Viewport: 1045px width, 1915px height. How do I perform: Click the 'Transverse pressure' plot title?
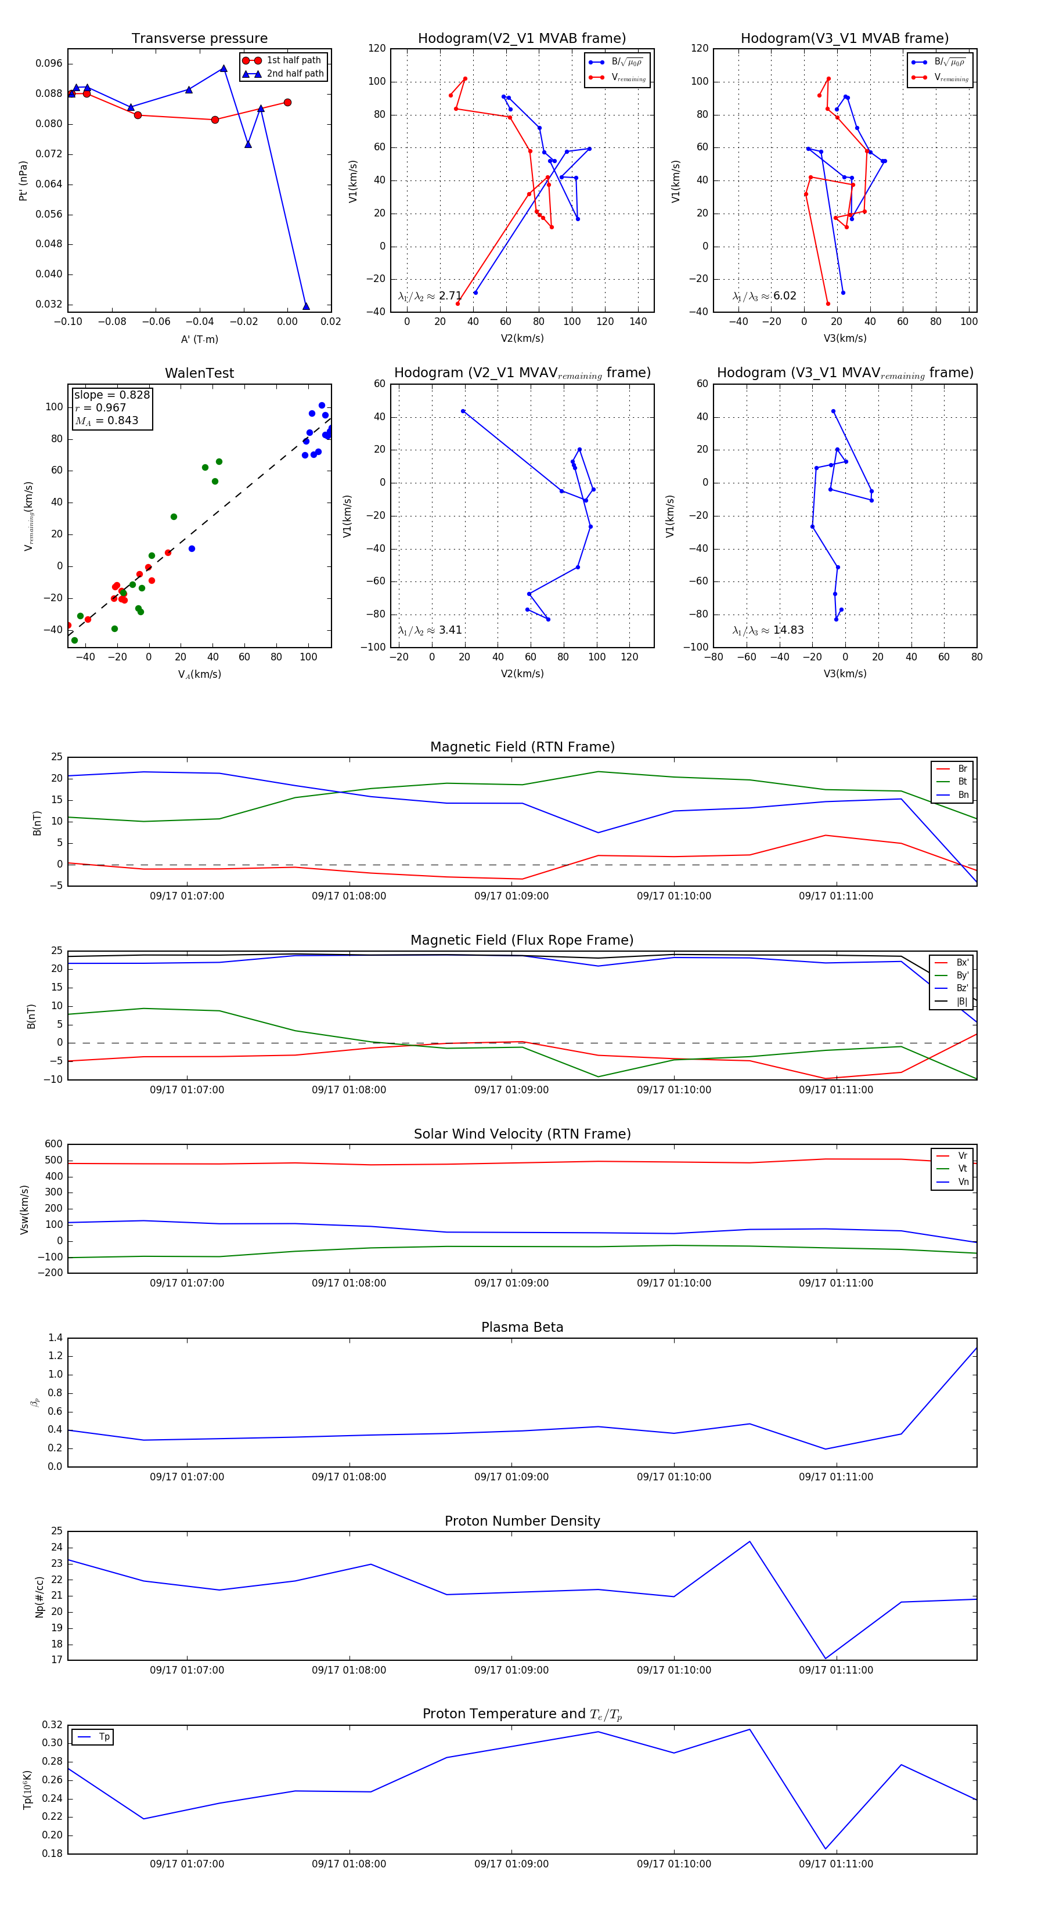click(199, 39)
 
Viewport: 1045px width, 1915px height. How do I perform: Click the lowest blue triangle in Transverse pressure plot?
click(306, 306)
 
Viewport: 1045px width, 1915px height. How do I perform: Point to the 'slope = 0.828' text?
click(111, 395)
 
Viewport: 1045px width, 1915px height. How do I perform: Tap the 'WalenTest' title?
click(199, 373)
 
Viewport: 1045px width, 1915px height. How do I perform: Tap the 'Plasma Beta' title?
click(522, 1327)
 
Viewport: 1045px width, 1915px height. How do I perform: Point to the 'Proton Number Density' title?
click(522, 1521)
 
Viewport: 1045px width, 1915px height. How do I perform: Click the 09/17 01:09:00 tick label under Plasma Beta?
click(511, 1476)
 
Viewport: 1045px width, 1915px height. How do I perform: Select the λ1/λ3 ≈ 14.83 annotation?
click(767, 630)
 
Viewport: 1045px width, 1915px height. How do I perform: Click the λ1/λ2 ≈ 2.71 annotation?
click(430, 296)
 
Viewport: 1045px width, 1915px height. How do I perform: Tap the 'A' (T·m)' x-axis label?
click(199, 339)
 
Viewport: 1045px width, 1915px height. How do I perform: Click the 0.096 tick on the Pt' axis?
click(49, 63)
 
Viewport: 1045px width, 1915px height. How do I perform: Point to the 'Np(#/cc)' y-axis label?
click(39, 1595)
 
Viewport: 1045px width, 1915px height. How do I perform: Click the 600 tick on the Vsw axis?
click(53, 1144)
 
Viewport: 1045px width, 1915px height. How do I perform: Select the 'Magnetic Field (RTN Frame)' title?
click(522, 747)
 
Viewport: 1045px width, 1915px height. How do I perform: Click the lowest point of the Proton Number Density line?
click(826, 1658)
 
